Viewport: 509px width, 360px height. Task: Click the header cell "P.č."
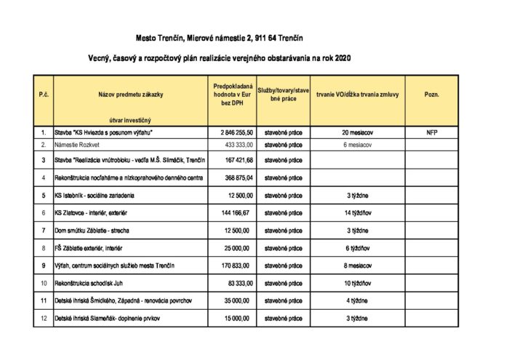43,95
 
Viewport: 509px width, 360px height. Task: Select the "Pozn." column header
432,95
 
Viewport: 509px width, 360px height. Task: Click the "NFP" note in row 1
432,133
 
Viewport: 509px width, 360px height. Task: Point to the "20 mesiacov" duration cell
356,133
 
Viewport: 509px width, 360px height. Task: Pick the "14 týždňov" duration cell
356,213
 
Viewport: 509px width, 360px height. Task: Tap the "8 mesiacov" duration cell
356,265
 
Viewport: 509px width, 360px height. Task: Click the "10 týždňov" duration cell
356,283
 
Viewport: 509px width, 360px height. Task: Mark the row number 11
43,300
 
